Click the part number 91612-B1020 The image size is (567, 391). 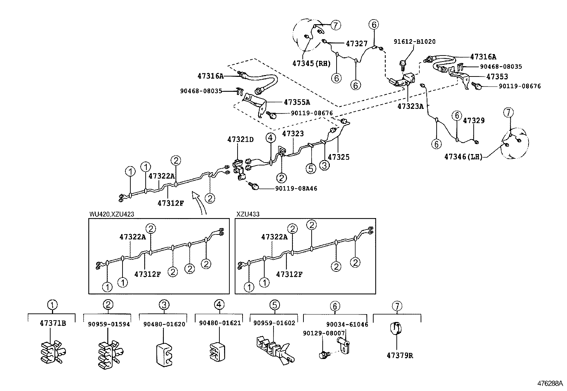click(414, 42)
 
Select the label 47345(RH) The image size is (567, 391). click(312, 63)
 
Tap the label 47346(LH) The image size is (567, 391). click(463, 156)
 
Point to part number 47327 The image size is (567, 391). click(357, 43)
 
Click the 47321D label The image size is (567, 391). click(240, 140)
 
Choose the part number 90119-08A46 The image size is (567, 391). click(296, 189)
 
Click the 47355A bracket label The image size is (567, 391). click(297, 102)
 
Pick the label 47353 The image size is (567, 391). click(497, 76)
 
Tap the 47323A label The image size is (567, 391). click(410, 106)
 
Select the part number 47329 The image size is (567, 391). click(474, 121)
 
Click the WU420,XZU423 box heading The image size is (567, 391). click(111, 214)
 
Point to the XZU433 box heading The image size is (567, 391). click(248, 214)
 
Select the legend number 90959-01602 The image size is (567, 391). click(274, 323)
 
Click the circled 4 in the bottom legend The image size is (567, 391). click(219, 305)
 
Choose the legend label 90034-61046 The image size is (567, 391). click(347, 324)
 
